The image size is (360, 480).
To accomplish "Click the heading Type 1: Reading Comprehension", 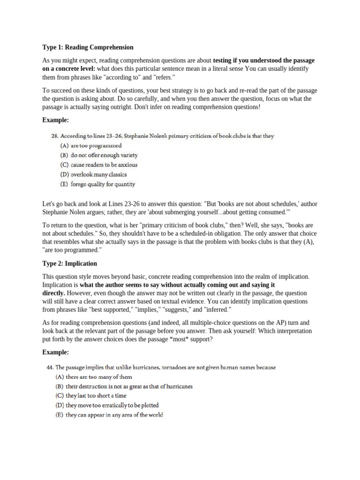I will click(x=88, y=47).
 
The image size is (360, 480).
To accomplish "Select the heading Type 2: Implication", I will click(x=70, y=263).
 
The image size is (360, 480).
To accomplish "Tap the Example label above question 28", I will click(x=55, y=120).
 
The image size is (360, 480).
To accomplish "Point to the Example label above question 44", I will click(x=55, y=352).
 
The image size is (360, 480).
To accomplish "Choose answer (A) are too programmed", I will click(x=88, y=146).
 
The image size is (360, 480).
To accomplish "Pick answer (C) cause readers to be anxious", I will click(x=97, y=165).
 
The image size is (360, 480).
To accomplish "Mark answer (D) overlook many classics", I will click(x=92, y=174).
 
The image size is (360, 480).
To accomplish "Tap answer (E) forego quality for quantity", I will click(x=96, y=184).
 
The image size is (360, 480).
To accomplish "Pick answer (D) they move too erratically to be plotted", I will click(x=107, y=405).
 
